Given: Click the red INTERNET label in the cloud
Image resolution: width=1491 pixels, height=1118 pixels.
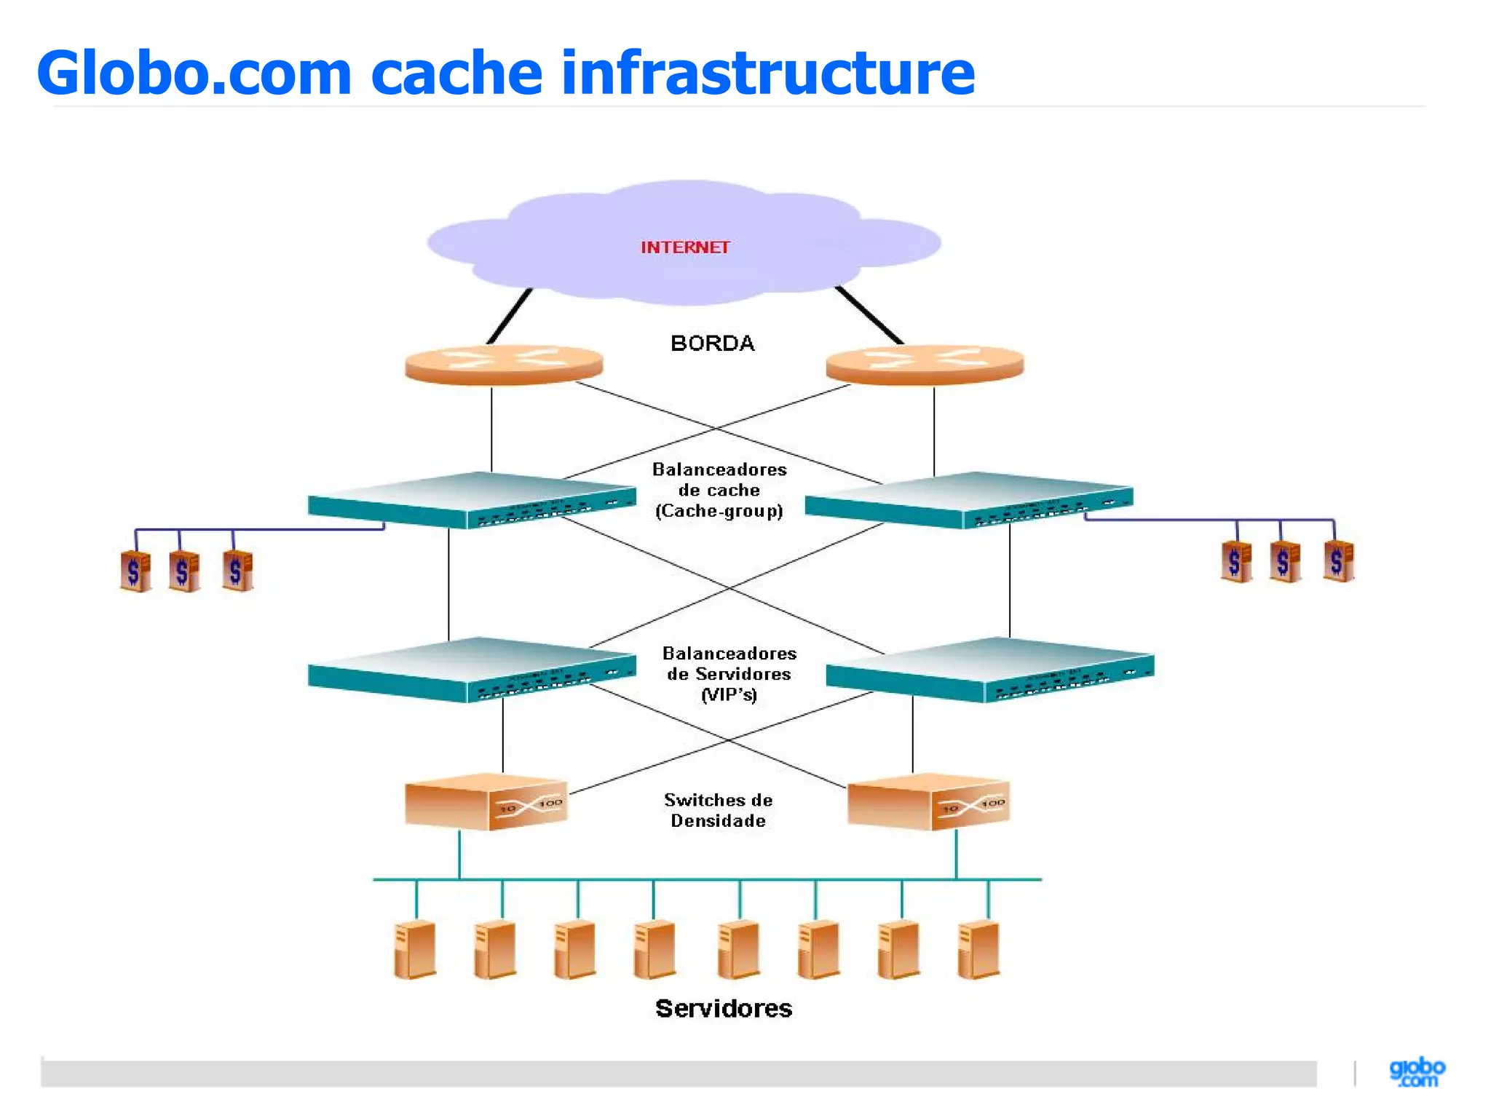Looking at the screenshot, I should click(684, 247).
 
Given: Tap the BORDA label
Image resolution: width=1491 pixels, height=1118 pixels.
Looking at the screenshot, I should click(712, 344).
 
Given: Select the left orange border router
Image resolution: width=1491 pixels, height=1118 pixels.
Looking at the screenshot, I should click(504, 364).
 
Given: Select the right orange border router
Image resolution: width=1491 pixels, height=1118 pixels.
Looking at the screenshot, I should click(925, 364).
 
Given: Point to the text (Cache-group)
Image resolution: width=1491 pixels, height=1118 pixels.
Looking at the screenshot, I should click(719, 511).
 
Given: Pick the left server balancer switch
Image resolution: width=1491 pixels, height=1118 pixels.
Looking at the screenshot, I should click(472, 670).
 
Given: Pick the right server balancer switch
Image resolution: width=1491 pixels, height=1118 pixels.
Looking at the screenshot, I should click(990, 670).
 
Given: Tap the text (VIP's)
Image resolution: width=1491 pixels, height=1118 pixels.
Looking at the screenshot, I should click(729, 695).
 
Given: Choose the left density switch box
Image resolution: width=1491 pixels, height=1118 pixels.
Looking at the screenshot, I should click(486, 802).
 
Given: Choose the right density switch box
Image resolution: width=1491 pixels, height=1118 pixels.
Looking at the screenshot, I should click(928, 802).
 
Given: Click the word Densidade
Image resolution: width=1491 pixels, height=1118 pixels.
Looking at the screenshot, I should click(718, 821).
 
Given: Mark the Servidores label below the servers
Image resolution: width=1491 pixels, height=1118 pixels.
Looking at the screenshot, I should click(723, 1008).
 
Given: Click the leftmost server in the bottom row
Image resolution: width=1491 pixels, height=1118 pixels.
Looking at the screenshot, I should click(415, 950).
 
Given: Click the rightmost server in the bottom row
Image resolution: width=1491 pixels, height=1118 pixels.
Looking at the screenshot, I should click(979, 950).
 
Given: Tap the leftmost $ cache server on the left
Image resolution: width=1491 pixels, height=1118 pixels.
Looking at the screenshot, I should click(135, 571).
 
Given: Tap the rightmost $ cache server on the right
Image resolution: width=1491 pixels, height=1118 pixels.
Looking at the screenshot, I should click(1338, 560).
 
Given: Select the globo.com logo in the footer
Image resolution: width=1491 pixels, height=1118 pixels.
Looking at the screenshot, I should click(1417, 1073).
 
